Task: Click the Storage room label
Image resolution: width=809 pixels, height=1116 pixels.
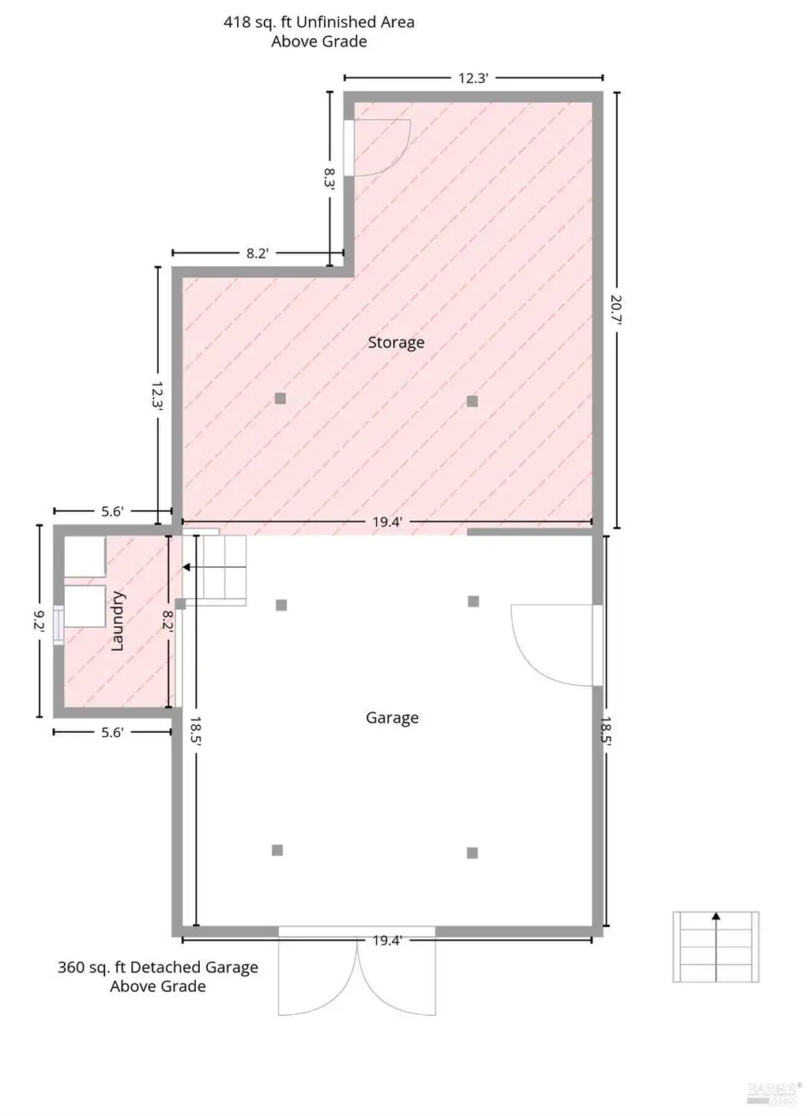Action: point(396,342)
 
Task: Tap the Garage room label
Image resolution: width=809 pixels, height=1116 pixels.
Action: point(392,718)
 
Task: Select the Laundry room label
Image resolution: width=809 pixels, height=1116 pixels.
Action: point(117,621)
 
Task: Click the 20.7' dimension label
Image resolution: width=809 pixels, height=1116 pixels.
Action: point(616,310)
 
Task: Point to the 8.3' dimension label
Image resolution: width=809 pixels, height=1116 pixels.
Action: point(329,178)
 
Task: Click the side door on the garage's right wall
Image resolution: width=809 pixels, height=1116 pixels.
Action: point(557,645)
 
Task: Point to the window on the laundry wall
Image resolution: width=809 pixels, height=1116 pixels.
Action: point(58,625)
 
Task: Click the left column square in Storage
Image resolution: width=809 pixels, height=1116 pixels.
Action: point(280,398)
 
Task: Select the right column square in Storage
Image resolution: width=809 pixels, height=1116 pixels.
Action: point(472,401)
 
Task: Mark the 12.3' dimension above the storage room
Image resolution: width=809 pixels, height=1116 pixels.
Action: point(473,78)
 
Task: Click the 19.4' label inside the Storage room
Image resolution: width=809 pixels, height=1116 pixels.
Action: point(387,522)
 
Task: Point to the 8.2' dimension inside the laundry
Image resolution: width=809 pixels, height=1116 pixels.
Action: point(167,622)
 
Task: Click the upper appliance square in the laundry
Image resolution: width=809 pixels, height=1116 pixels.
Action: point(85,557)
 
